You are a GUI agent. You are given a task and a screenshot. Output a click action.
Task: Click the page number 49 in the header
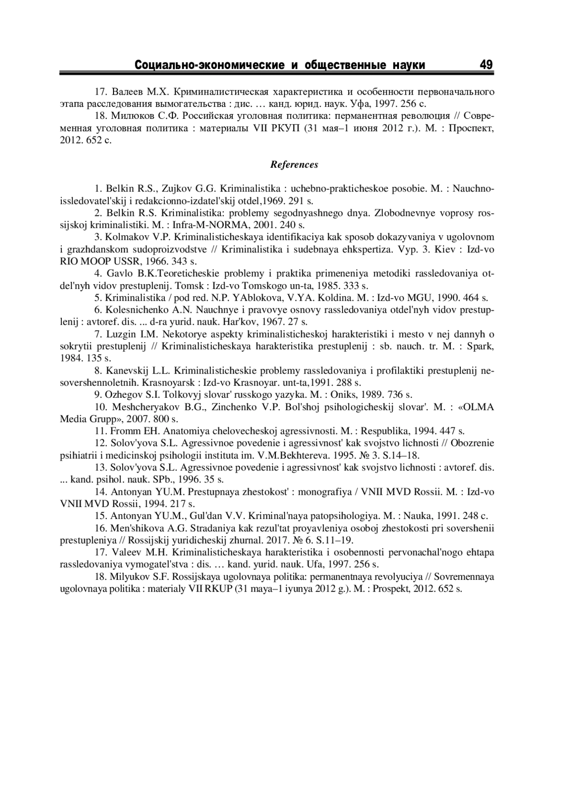tap(486, 65)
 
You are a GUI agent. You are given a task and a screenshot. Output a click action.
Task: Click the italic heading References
tap(294, 165)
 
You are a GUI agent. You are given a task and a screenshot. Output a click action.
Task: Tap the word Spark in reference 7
tap(481, 346)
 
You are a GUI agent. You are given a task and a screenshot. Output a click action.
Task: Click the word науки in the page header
tap(409, 65)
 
